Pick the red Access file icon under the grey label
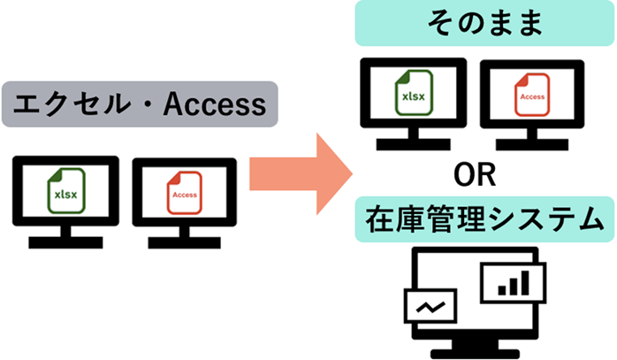click(184, 193)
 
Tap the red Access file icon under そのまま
click(531, 94)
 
